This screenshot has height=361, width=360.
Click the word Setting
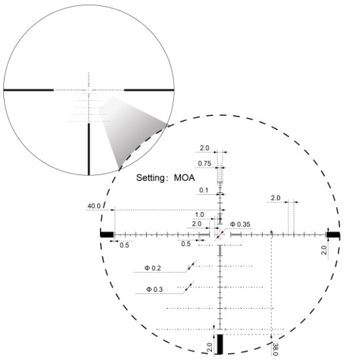click(151, 178)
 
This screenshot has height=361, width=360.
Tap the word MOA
click(184, 177)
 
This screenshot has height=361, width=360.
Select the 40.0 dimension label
click(94, 206)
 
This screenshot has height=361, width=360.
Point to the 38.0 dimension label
click(275, 349)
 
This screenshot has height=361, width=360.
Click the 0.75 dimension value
click(204, 163)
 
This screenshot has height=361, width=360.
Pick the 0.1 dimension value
click(204, 190)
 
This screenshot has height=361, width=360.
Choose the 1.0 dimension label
click(199, 214)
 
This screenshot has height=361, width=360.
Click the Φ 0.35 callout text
click(240, 224)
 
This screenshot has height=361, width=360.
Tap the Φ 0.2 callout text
click(153, 268)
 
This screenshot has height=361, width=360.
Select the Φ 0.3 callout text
click(154, 289)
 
